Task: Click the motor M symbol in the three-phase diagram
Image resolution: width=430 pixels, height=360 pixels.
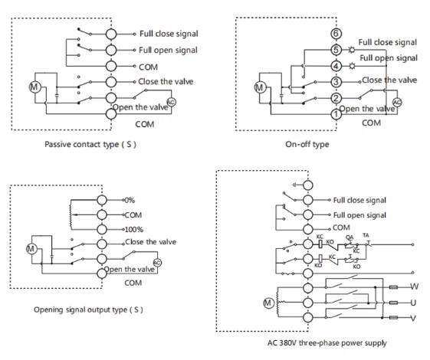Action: pyautogui.click(x=268, y=303)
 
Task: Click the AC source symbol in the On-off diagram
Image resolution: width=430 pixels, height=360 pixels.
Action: pyautogui.click(x=396, y=102)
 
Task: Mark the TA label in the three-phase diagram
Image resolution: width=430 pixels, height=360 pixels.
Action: pyautogui.click(x=366, y=236)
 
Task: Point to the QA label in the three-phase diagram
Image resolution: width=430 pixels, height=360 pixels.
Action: pyautogui.click(x=349, y=237)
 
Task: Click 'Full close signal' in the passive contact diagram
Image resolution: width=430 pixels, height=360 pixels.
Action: pyautogui.click(x=169, y=34)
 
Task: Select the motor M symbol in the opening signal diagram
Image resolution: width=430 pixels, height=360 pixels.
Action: pyautogui.click(x=31, y=249)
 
